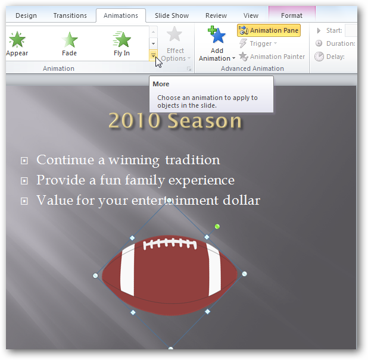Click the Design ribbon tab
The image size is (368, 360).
pyautogui.click(x=26, y=15)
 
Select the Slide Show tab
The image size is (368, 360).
pyautogui.click(x=171, y=15)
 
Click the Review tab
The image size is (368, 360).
pyautogui.click(x=216, y=15)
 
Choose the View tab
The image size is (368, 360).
pyautogui.click(x=251, y=15)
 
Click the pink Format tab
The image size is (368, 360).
pyautogui.click(x=291, y=15)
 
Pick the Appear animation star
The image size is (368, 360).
pyautogui.click(x=17, y=40)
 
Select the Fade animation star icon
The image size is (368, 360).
pyautogui.click(x=70, y=40)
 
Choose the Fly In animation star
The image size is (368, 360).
pyautogui.click(x=122, y=40)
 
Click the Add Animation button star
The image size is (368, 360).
pyautogui.click(x=217, y=36)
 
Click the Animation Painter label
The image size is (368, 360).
pyautogui.click(x=277, y=57)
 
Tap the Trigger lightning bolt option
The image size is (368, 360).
pyautogui.click(x=243, y=43)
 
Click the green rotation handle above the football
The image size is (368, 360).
pyautogui.click(x=217, y=226)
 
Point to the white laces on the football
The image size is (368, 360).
pyautogui.click(x=169, y=244)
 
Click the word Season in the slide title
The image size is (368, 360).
pyautogui.click(x=204, y=121)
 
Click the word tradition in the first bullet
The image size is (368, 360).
pyautogui.click(x=192, y=159)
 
